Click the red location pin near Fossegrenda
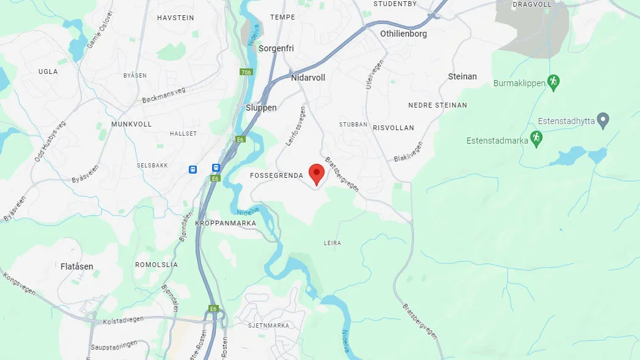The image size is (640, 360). coord(316,173)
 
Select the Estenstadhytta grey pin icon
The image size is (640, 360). coord(603,120)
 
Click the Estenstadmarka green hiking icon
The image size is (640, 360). coord(536,139)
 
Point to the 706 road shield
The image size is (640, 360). coord(246,72)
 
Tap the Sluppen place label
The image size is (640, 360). coord(261,108)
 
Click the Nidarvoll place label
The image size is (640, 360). coord(308,78)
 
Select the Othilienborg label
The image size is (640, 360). coord(403,34)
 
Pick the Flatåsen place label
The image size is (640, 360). coord(77,266)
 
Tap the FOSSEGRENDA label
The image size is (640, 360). coord(277,175)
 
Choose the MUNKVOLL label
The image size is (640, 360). coord(131,123)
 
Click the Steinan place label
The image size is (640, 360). coord(462,76)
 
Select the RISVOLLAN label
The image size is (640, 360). coord(393,128)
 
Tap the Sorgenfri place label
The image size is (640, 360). coord(276,48)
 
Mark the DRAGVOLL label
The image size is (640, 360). coord(532,4)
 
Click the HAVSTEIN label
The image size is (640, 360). coord(175,18)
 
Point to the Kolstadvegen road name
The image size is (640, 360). coord(123,318)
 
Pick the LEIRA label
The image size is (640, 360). coord(333,243)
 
